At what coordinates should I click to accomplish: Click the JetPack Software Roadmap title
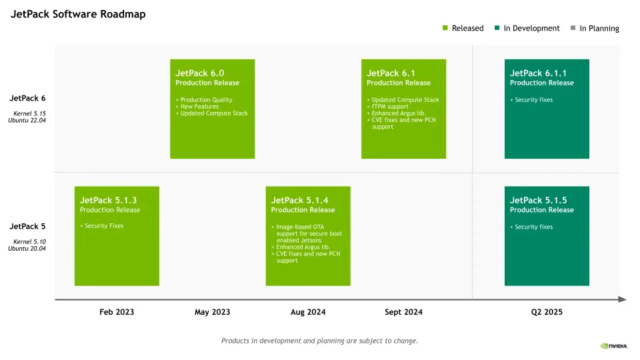78,14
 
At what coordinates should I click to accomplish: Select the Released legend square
445,28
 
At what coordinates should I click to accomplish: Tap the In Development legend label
531,28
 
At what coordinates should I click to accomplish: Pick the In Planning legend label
599,29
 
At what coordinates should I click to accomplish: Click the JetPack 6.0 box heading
199,73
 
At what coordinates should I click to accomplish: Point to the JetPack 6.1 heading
391,73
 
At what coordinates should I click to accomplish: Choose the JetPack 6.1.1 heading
538,73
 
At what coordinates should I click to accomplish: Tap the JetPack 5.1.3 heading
108,200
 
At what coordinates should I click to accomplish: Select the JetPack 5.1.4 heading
299,200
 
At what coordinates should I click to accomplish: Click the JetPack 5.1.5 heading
538,200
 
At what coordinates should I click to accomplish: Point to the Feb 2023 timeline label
117,312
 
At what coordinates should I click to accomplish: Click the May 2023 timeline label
212,312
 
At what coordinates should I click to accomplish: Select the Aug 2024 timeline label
308,312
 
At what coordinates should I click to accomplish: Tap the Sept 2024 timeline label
404,312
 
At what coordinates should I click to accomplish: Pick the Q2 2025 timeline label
547,312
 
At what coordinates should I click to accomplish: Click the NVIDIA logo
613,346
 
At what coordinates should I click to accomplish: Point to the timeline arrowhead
623,299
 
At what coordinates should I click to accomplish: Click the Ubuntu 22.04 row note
27,121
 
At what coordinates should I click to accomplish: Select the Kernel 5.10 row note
29,241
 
